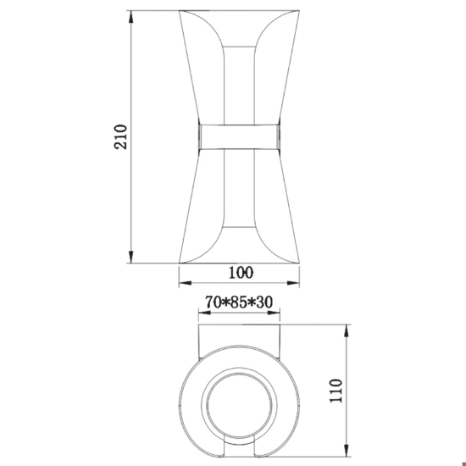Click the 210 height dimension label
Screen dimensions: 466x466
pos(120,136)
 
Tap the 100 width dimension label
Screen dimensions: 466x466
pos(241,273)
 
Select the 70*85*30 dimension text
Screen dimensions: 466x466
pos(239,302)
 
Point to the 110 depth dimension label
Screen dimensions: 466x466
pos(336,391)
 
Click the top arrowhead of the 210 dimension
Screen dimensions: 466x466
pos(130,17)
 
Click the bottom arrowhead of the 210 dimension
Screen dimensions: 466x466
pos(130,257)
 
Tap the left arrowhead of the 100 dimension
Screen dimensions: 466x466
pos(186,283)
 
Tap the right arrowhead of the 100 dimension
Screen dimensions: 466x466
pos(293,283)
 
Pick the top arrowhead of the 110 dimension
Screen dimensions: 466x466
pos(347,330)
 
